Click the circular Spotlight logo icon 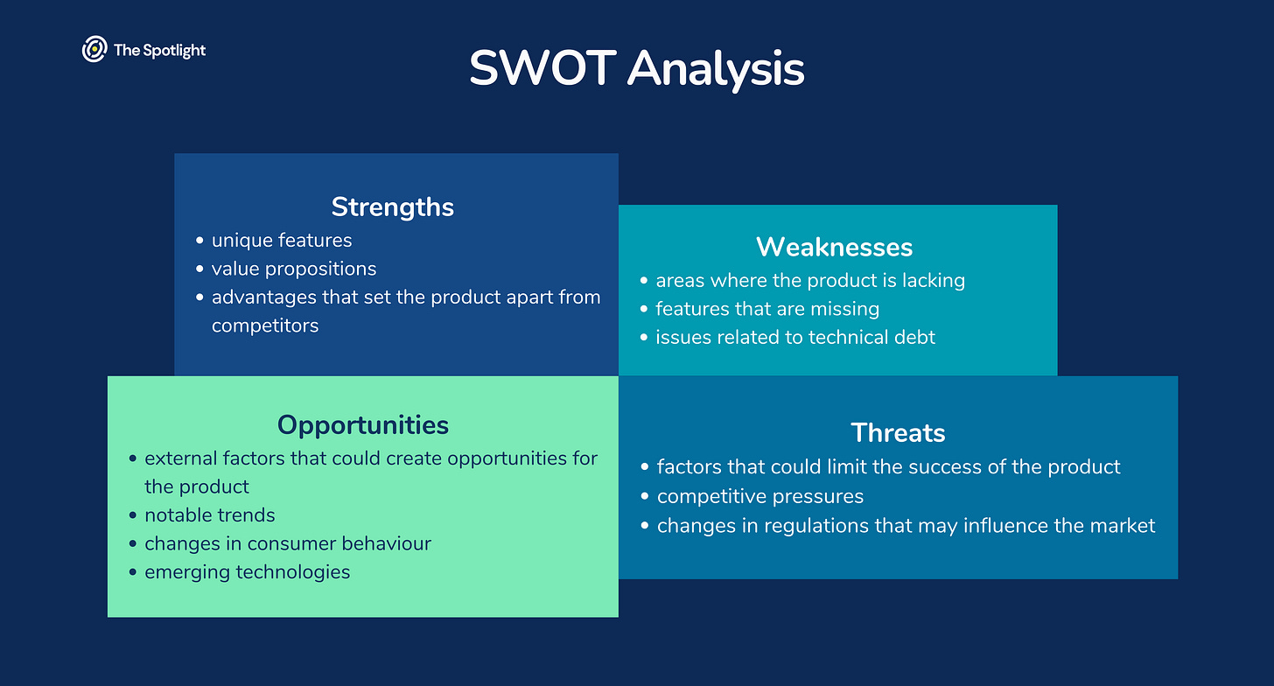[94, 50]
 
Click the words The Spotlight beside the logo [160, 51]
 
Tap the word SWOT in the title [542, 68]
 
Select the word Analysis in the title [716, 70]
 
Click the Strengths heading [392, 207]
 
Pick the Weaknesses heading [835, 247]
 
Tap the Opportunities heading [363, 425]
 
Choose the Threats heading [898, 433]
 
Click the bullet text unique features [282, 241]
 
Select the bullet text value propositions [294, 269]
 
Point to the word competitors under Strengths [265, 325]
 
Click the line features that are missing [767, 309]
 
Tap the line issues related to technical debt [795, 337]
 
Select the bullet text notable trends [210, 515]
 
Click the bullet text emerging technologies [248, 572]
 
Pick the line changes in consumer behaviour [288, 543]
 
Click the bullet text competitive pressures [759, 497]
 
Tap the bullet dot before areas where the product [644, 280]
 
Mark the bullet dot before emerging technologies [132, 572]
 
